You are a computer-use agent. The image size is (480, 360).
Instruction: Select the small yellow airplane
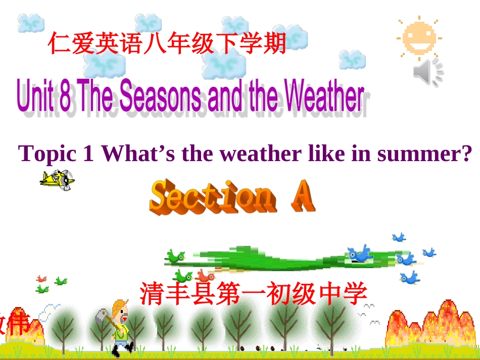point(57,179)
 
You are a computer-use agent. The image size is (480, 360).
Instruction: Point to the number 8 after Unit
point(65,97)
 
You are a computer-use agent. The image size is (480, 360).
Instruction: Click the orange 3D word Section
point(212,196)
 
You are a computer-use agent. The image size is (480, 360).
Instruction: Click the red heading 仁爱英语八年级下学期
point(167,42)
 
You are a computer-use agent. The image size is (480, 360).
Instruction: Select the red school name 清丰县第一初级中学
point(253,293)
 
